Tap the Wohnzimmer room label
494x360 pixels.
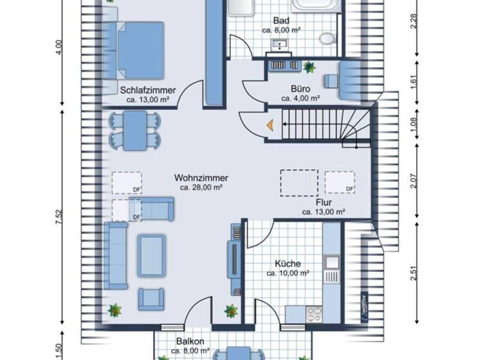click(201, 177)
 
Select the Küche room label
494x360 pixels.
click(288, 264)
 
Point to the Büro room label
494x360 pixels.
click(300, 89)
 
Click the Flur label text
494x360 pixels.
click(324, 201)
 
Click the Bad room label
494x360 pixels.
click(281, 21)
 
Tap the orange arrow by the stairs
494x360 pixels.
click(270, 127)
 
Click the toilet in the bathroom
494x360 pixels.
click(328, 39)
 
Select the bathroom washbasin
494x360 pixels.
click(280, 45)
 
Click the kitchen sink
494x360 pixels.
click(332, 263)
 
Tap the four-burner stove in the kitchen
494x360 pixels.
click(315, 314)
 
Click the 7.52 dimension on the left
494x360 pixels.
click(59, 217)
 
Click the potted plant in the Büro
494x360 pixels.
click(309, 66)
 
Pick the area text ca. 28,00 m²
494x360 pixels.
click(201, 188)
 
